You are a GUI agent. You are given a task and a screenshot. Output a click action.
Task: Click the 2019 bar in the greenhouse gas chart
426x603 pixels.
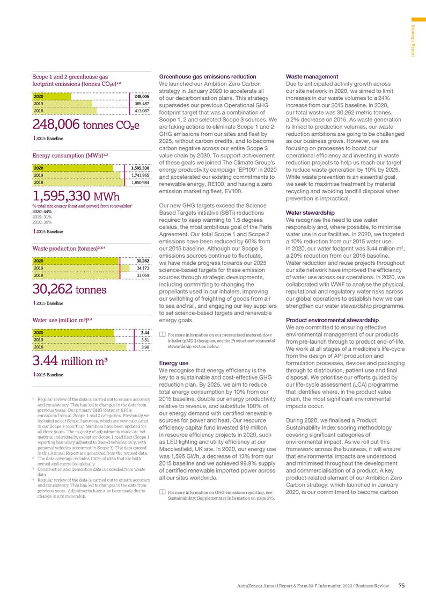pyautogui.click(x=62, y=104)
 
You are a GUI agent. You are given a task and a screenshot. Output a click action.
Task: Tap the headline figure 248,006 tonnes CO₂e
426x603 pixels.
pyautogui.click(x=86, y=126)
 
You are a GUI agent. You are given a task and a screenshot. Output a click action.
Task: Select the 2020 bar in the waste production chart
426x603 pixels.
pyautogui.click(x=75, y=261)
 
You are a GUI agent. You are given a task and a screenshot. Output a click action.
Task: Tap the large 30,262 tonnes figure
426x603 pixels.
pyautogui.click(x=70, y=289)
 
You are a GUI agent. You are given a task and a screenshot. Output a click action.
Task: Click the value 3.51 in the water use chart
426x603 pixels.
pyautogui.click(x=144, y=339)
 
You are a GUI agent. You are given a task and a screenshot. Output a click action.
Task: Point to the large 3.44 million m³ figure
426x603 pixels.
pyautogui.click(x=71, y=360)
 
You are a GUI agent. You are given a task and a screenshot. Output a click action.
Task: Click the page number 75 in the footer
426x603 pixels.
pyautogui.click(x=402, y=585)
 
